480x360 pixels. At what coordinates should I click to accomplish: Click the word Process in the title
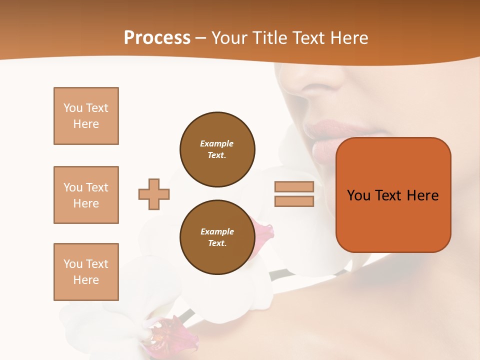point(157,38)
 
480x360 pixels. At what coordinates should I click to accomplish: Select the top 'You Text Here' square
point(86,116)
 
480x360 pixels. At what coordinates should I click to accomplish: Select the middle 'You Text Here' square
point(86,195)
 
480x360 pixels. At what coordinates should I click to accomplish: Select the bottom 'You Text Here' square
point(86,272)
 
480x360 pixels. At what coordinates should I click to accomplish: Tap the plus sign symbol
point(154,194)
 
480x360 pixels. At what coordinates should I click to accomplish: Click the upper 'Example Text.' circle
point(217,149)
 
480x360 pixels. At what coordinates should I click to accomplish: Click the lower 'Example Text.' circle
point(217,237)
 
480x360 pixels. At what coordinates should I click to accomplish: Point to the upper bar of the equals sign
point(294,186)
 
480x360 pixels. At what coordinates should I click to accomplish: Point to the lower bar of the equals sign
point(294,201)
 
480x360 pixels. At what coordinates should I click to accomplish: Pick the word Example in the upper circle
point(217,143)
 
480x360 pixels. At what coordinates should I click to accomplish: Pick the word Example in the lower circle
point(217,231)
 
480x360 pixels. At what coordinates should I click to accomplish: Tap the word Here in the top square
point(86,124)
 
